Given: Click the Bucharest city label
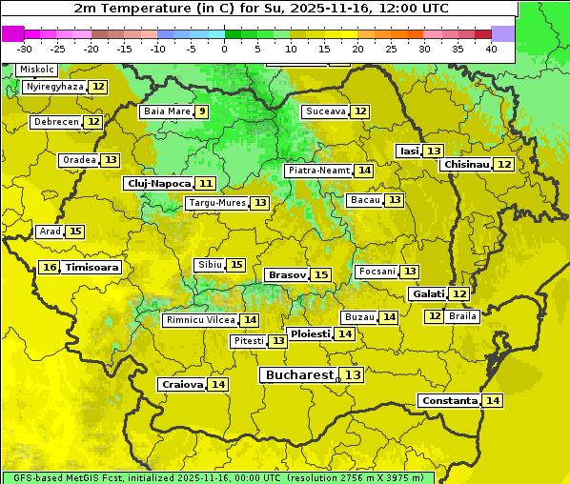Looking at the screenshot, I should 299,375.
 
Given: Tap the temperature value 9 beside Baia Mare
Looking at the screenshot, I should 201,111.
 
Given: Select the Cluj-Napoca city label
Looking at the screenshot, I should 158,183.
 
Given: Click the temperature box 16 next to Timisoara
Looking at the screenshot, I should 50,268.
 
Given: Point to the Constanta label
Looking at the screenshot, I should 449,401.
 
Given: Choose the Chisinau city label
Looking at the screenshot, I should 466,164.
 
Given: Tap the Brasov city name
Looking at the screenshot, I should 287,274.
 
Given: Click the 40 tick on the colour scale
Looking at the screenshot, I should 491,49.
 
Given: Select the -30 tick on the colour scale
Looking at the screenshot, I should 25,49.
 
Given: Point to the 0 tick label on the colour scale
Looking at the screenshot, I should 224,49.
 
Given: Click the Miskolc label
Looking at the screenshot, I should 35,70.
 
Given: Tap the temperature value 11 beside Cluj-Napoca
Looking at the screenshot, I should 206,183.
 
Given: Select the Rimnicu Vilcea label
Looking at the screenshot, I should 199,320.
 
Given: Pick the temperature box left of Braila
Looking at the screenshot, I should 435,316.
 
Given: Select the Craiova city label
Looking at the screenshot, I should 182,384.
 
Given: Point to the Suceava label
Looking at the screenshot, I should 325,111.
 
